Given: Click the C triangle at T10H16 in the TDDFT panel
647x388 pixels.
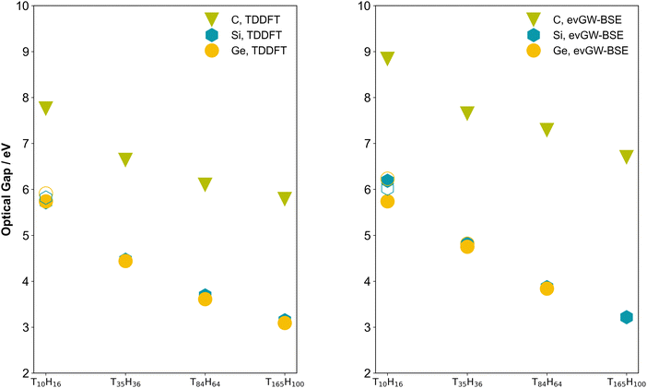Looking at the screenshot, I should [x=45, y=108].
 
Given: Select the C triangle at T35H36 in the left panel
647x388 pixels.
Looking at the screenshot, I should [x=125, y=159].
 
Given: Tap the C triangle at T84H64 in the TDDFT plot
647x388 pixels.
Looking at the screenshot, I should [x=205, y=183].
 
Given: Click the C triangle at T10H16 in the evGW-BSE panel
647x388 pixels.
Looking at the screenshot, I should [x=387, y=58].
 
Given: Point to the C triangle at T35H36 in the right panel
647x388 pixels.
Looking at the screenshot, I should [x=467, y=112].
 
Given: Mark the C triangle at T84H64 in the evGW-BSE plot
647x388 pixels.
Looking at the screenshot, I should [x=547, y=129].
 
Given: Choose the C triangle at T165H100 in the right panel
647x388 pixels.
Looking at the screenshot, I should [x=627, y=156].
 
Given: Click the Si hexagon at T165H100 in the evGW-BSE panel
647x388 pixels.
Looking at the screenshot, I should [x=627, y=317].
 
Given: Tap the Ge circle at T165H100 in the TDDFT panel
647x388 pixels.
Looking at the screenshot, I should [x=285, y=323].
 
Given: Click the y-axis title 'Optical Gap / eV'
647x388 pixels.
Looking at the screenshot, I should [x=7, y=189].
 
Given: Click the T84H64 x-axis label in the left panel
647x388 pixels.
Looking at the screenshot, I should [x=205, y=382].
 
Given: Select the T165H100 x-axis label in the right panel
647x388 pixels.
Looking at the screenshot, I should [x=625, y=382].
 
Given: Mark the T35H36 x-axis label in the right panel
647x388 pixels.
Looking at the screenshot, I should [x=467, y=382].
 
